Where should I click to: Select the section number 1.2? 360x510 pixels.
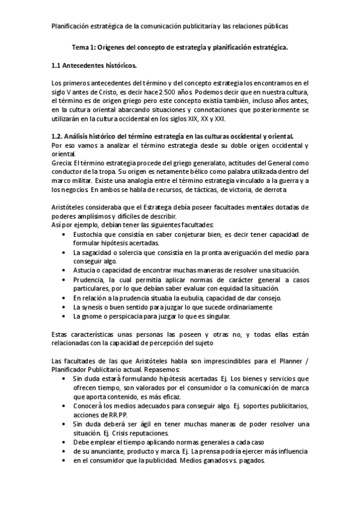[x=59, y=137]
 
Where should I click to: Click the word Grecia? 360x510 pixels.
[x=62, y=162]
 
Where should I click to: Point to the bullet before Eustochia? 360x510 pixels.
[x=64, y=234]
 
